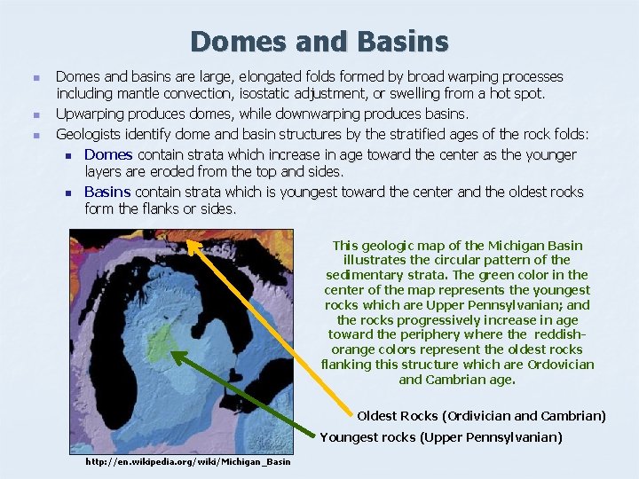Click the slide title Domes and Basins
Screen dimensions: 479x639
319,41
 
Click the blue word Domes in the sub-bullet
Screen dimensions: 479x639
108,154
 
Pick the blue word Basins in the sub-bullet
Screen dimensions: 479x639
107,192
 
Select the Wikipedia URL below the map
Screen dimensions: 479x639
187,461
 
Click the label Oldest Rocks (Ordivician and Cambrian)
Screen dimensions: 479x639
481,415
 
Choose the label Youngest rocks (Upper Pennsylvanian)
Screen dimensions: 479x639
441,436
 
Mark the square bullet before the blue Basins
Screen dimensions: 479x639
67,192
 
